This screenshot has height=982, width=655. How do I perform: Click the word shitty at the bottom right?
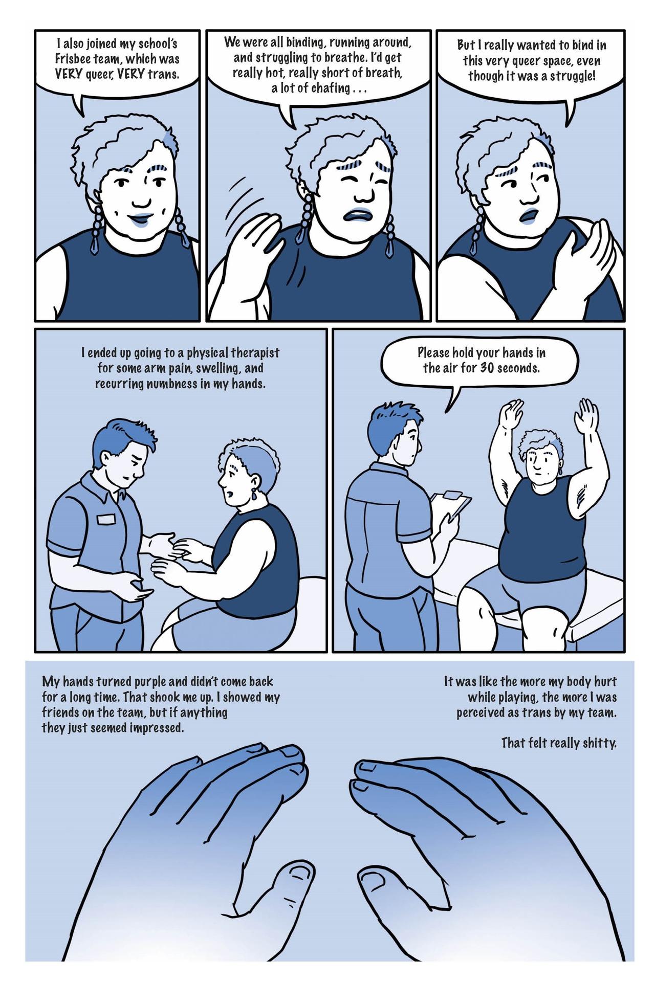click(599, 743)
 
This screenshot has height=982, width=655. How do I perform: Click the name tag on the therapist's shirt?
click(107, 519)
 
